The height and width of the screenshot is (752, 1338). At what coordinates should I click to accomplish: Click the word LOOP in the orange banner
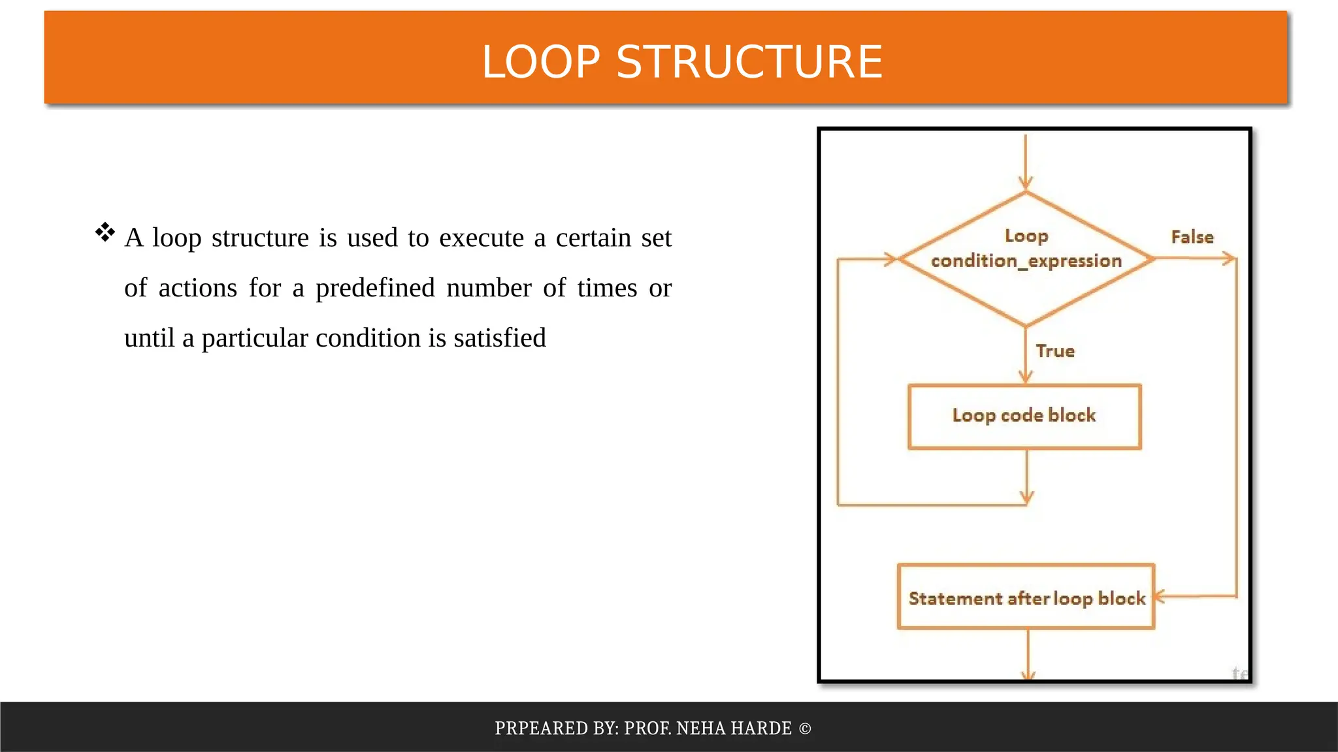coord(541,62)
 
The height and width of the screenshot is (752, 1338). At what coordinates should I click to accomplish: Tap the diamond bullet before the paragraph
coord(105,232)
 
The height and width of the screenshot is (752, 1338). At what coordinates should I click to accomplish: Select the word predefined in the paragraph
coord(375,288)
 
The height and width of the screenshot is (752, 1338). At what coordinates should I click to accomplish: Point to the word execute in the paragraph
coord(481,238)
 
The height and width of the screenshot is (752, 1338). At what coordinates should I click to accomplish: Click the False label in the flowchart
coord(1192,237)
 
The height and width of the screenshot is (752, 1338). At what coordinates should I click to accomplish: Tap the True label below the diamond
coord(1054,351)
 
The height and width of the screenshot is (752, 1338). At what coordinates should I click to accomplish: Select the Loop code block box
coord(1024,416)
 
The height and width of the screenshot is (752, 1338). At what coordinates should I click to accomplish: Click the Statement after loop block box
coord(1026,597)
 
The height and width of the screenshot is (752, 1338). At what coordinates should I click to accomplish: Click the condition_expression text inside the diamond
coord(1026,261)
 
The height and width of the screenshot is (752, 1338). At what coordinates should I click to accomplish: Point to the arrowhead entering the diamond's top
coord(1026,183)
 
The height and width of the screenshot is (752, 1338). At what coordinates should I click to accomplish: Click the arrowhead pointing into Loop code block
coord(1026,377)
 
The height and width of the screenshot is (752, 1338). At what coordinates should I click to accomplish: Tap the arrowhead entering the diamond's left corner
coord(890,259)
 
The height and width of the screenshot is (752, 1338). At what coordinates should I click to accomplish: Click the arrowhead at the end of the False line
coord(1230,259)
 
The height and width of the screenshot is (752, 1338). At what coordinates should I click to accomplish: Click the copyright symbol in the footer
coord(805,728)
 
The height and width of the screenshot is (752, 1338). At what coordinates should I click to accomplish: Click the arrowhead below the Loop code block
coord(1026,498)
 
